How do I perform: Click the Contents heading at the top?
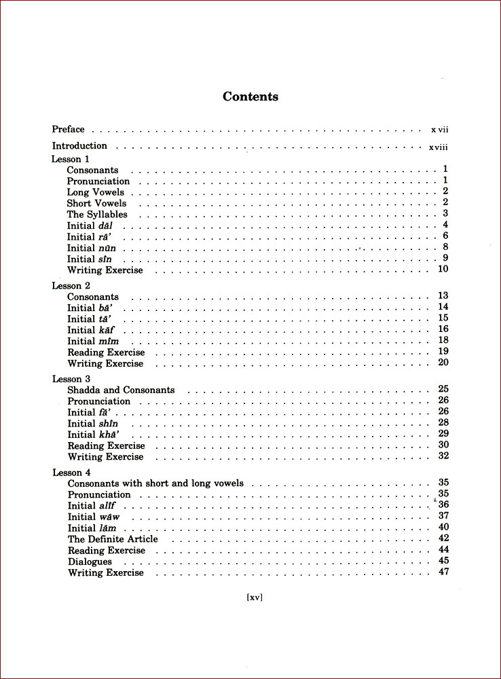pos(250,96)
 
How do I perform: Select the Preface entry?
pos(69,129)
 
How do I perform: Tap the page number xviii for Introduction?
pos(438,147)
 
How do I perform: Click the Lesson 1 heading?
pos(71,159)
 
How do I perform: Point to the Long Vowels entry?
pos(96,192)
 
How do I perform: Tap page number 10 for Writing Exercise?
pos(443,269)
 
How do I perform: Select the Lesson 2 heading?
pos(71,286)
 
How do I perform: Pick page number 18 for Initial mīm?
pos(443,340)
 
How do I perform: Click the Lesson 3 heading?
pos(71,379)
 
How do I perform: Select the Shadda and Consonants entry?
pos(121,390)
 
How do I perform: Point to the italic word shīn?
pos(109,424)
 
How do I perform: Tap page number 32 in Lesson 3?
pos(443,456)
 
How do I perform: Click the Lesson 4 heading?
pos(71,472)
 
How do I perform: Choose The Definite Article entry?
pos(113,539)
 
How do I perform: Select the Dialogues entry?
pos(90,562)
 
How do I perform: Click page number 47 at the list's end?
pos(444,572)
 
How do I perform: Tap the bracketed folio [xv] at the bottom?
pos(254,598)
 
